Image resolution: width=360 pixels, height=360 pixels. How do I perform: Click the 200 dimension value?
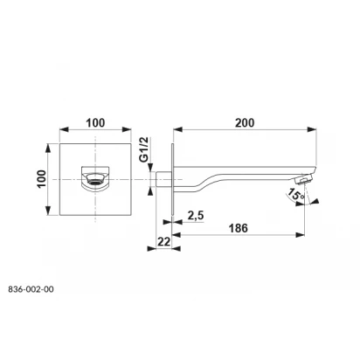coord(245,123)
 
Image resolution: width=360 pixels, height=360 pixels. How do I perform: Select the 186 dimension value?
coord(238,228)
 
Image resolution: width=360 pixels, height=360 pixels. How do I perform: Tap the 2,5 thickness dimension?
coord(196,216)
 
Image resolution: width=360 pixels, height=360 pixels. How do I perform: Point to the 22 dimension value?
coord(163,241)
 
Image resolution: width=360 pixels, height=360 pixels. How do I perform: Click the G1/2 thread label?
coord(144,149)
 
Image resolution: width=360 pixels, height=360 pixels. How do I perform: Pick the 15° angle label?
coord(296,195)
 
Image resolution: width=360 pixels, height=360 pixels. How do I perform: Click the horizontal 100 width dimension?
coord(95,123)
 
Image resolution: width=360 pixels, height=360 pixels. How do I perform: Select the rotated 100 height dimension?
coord(41,179)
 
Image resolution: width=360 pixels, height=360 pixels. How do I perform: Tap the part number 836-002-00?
coord(31,289)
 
